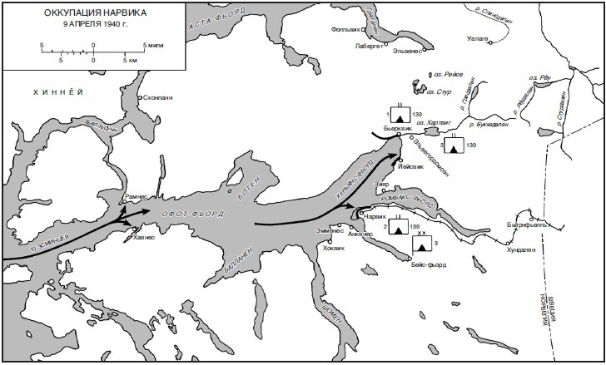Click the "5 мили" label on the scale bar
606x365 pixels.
point(155,44)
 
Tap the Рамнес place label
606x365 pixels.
point(135,196)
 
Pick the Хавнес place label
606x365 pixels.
point(144,237)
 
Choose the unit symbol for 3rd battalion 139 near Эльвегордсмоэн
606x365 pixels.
point(454,146)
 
